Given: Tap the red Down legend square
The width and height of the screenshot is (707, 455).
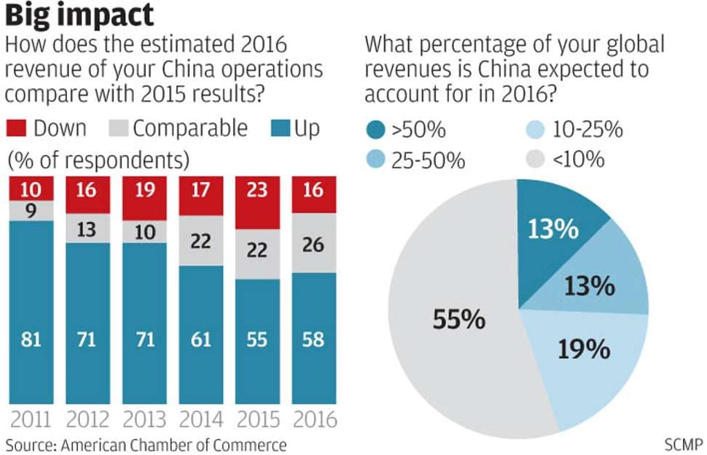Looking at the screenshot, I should coord(17,128).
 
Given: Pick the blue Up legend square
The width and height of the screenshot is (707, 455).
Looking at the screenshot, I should coord(279,128).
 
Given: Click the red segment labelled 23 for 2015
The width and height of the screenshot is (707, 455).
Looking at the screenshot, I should coord(257,203).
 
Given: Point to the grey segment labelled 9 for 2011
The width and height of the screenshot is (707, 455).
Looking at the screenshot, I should coord(32,211).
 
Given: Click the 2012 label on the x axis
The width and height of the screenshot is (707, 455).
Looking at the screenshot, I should coord(88,419).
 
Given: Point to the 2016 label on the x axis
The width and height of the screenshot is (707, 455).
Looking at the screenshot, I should coord(313,419).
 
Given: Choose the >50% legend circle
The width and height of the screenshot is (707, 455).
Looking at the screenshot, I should coord(375,130).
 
